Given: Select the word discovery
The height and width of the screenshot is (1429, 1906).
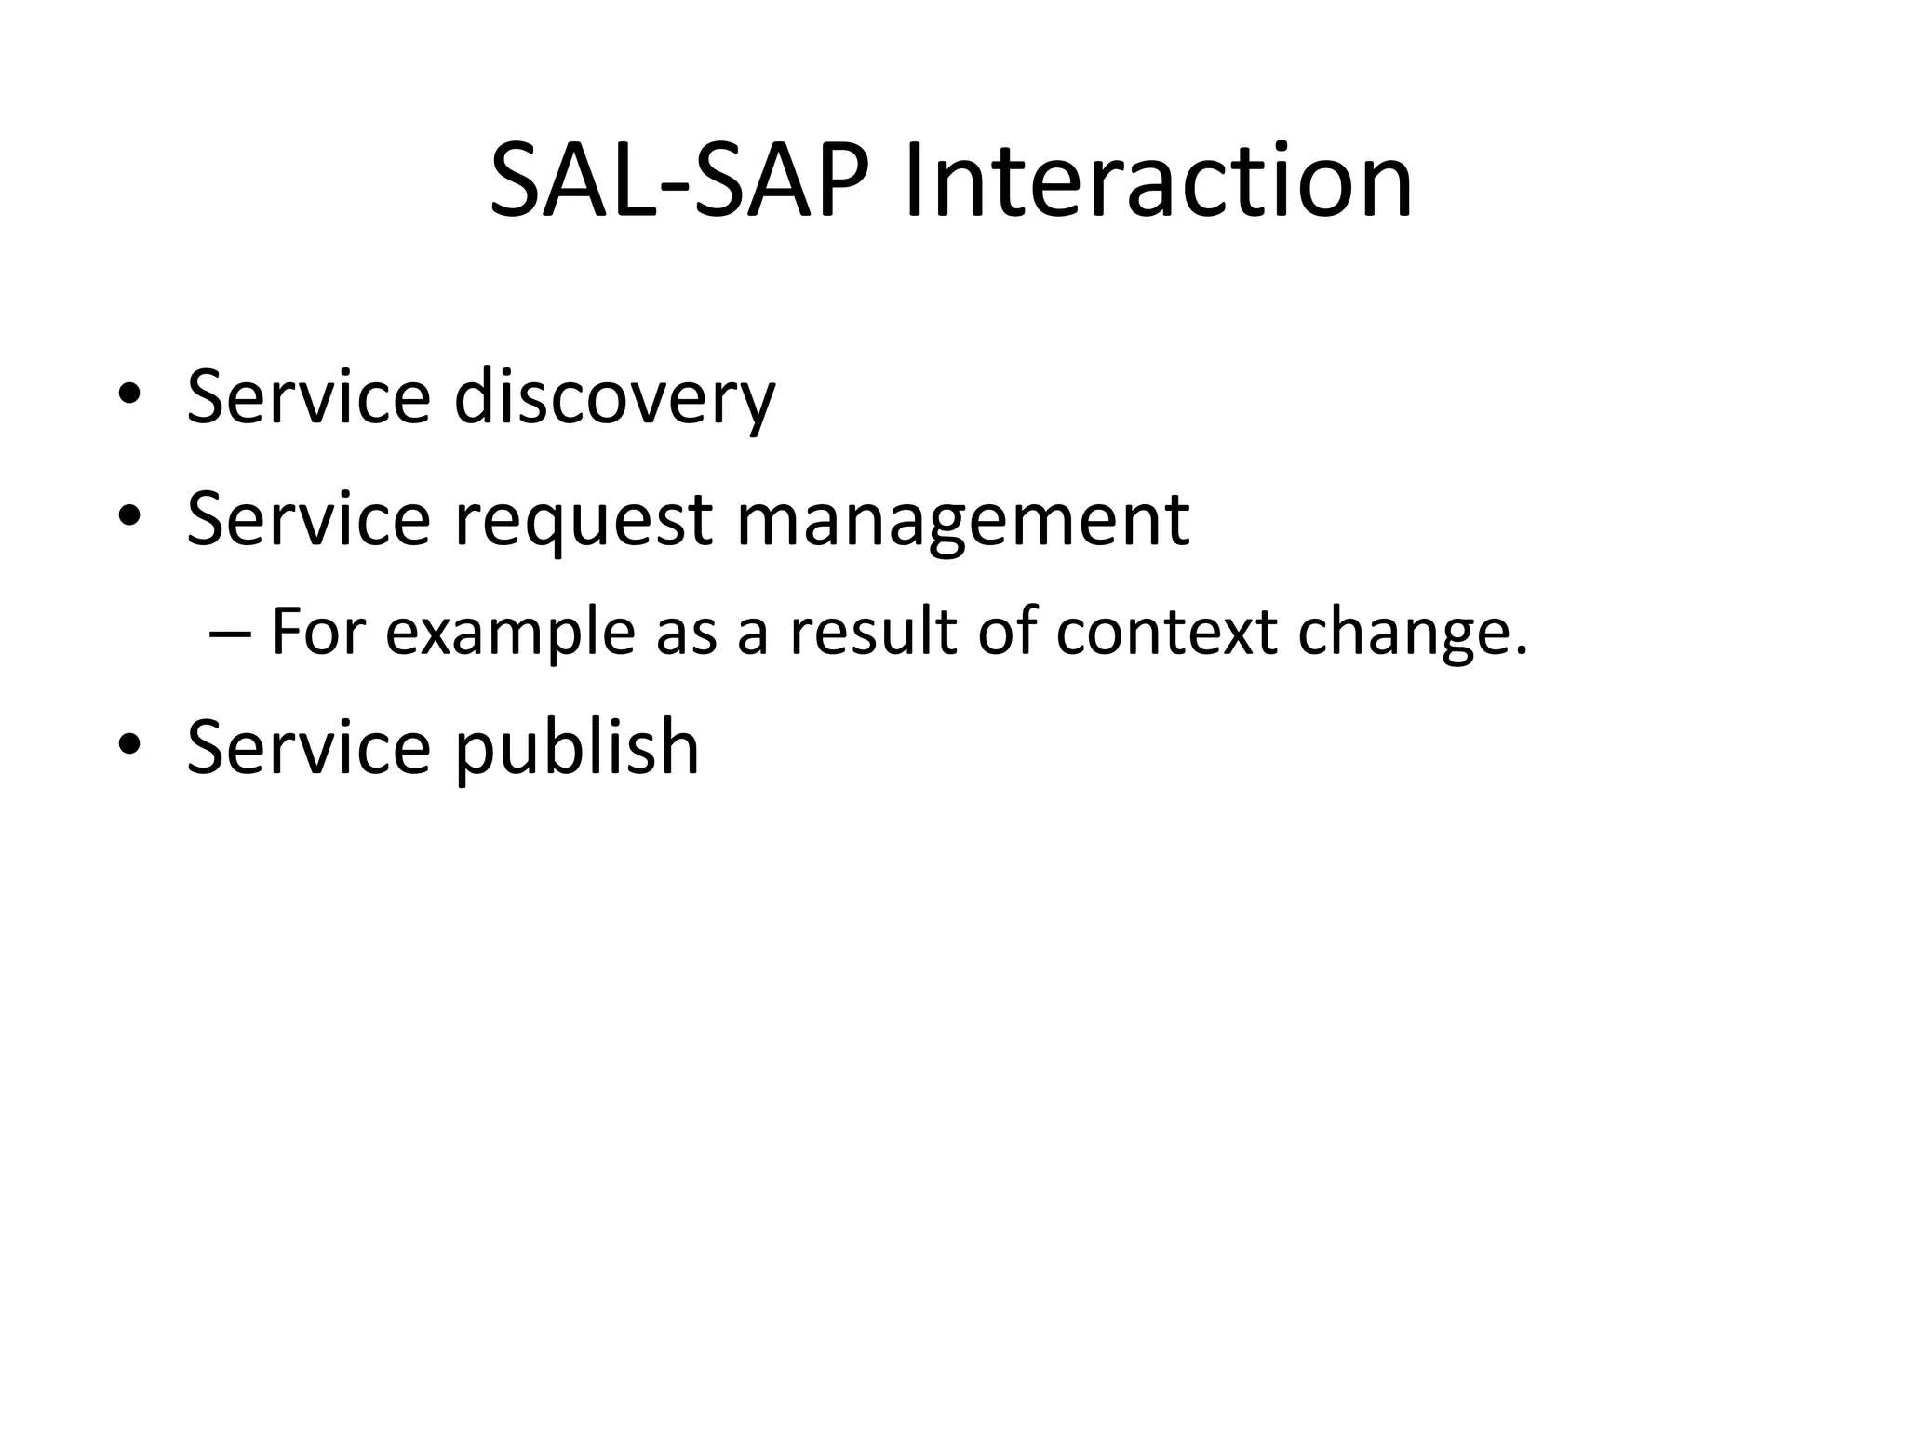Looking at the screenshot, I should [614, 398].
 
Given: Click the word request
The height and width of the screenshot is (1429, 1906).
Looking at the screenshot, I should [584, 519].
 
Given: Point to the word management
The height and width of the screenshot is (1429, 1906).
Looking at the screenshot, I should [962, 519].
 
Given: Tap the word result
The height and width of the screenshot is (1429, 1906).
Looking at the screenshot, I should [872, 632].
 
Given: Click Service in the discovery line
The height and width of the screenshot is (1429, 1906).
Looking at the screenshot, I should [308, 398].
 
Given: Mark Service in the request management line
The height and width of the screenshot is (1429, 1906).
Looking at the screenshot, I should [308, 519].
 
